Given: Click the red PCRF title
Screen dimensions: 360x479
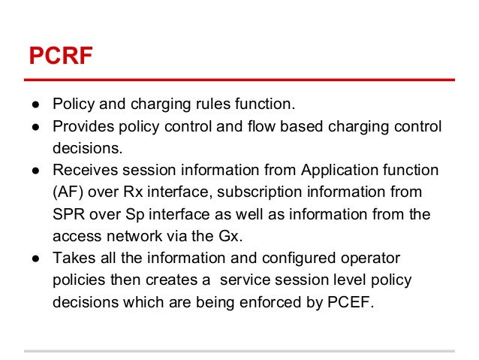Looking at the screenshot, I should (x=60, y=56).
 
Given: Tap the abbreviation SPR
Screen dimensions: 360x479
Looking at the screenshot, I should (x=68, y=214).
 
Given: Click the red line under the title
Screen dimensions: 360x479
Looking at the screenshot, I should (x=239, y=79).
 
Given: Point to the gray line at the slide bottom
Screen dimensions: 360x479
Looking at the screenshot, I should (x=239, y=350).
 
